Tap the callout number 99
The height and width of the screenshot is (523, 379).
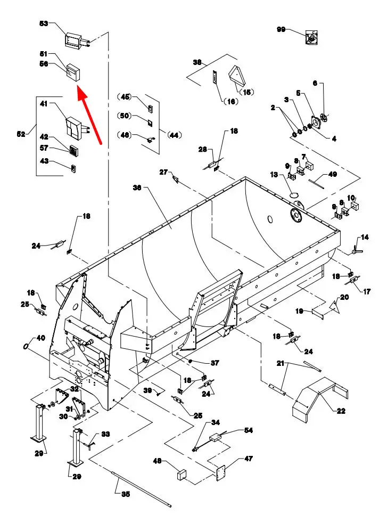281,29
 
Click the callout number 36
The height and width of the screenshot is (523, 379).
137,188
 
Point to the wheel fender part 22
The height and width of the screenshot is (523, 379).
319,398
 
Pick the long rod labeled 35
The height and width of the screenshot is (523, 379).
142,488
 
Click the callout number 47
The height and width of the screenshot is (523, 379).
249,459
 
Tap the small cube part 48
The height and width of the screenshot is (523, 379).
182,475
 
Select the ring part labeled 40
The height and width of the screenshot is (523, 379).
26,346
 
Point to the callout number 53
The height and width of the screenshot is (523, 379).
44,23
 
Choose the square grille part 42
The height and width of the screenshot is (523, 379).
74,150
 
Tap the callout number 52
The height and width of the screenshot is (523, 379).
21,134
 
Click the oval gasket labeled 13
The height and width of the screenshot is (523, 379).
294,194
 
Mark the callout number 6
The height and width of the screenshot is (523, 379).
315,83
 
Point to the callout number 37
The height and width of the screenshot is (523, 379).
215,363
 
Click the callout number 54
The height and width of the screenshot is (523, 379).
249,430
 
